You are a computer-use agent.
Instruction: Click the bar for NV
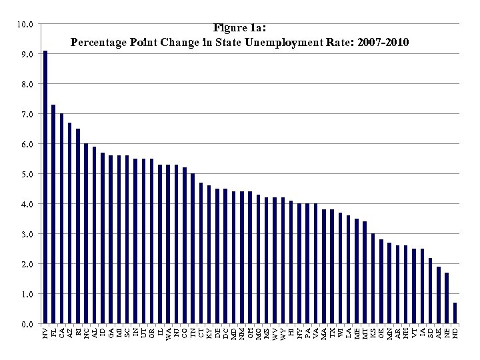click(x=45, y=187)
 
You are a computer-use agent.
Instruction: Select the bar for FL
click(x=53, y=214)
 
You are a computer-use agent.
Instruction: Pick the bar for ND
click(x=455, y=313)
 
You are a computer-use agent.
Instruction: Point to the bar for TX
click(x=332, y=267)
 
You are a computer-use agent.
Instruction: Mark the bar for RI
click(x=78, y=226)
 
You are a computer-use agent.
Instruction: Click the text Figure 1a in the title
click(x=239, y=28)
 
